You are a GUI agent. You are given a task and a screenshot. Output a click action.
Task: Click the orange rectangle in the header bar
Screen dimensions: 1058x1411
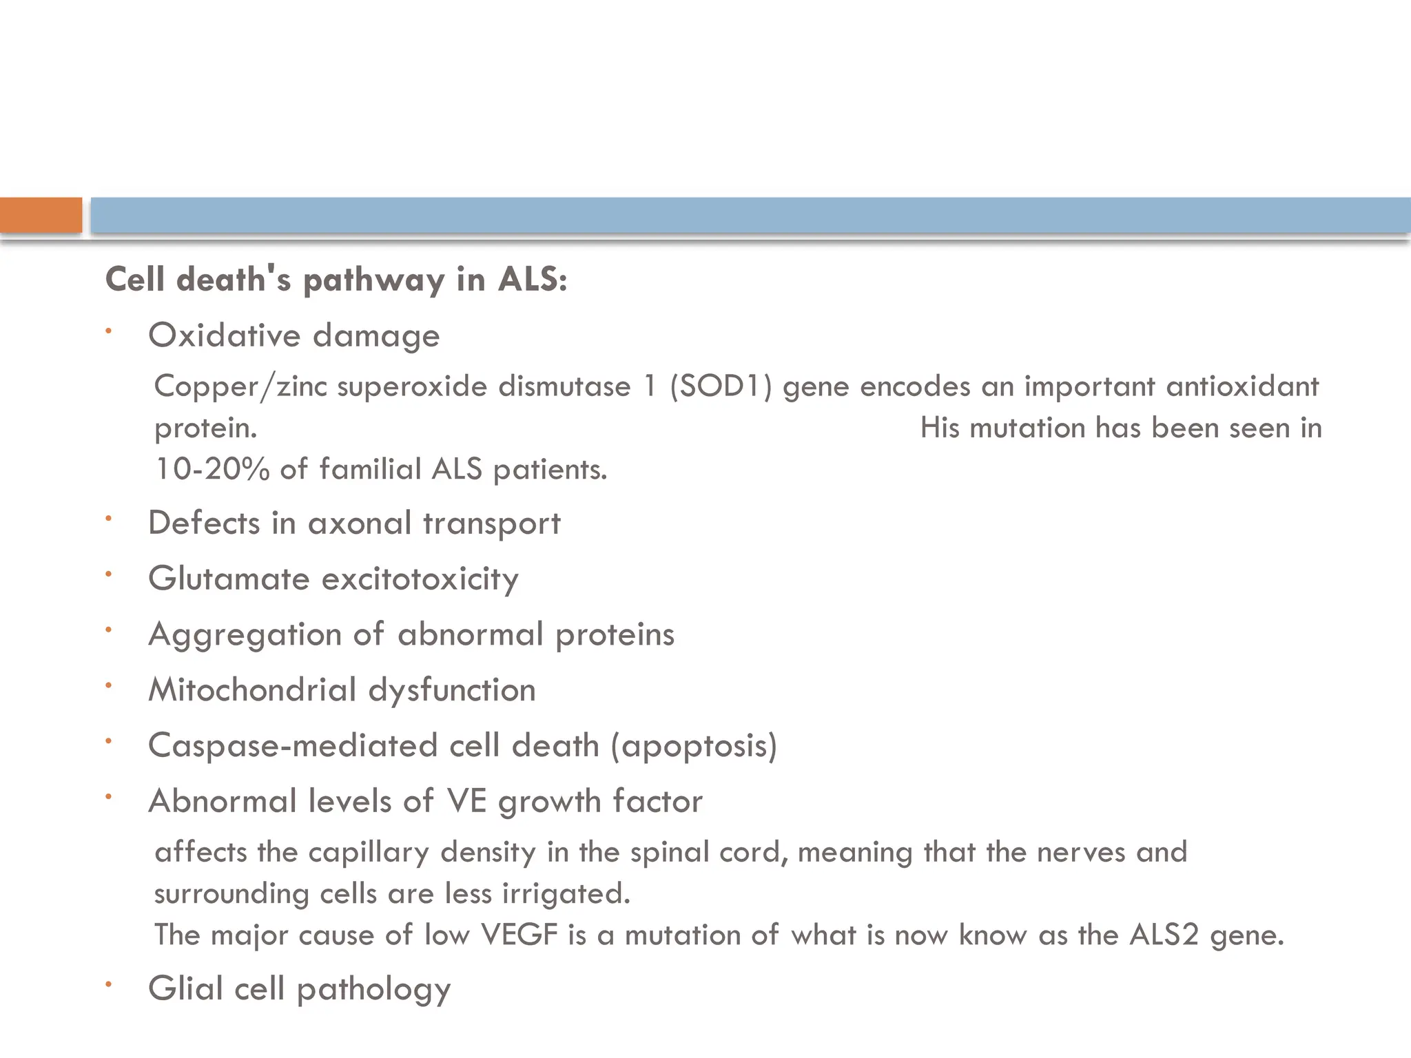coord(41,215)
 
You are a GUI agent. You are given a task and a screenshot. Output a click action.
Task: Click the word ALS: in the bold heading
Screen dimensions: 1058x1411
coord(532,280)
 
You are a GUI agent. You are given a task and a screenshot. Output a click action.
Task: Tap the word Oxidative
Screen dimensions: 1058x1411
coord(225,335)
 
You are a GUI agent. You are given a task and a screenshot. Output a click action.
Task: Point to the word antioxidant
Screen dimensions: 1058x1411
coord(1242,386)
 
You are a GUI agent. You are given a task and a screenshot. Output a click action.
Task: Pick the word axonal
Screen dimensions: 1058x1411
coord(360,523)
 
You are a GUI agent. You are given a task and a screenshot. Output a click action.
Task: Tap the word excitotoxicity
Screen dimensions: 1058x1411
coord(420,579)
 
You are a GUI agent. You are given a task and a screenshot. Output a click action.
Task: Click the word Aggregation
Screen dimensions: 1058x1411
coord(245,635)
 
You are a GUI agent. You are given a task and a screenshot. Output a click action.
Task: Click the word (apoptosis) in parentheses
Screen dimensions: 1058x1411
coord(694,746)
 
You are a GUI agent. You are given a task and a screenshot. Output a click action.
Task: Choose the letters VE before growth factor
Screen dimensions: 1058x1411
coord(466,801)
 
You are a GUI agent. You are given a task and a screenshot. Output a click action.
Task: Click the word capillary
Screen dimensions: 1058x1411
coord(369,853)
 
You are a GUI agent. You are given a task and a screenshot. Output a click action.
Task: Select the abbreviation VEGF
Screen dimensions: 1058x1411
coord(519,935)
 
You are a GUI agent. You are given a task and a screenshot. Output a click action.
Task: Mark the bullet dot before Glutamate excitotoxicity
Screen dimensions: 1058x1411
coord(108,574)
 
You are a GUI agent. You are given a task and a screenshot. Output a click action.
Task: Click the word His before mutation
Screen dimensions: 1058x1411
coord(940,428)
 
